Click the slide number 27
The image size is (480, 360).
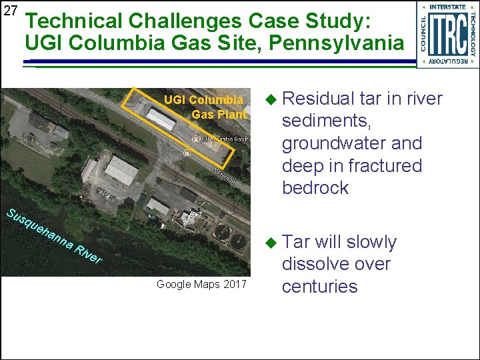click(10, 11)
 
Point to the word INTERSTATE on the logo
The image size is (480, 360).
click(447, 7)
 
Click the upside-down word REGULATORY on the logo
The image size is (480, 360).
click(447, 61)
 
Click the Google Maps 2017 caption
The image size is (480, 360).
click(201, 285)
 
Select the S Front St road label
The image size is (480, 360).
click(224, 175)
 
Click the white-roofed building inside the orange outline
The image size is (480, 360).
click(161, 119)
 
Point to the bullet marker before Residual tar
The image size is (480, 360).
click(269, 99)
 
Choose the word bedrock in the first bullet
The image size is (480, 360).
click(315, 188)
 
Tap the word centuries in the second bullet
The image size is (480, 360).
click(319, 287)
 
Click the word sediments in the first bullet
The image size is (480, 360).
click(325, 121)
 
